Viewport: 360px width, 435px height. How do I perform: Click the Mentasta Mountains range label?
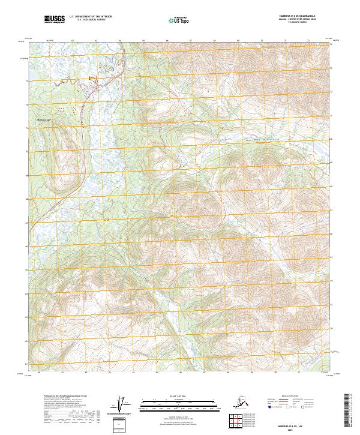point(264,142)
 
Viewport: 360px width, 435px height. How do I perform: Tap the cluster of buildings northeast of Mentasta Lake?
point(91,79)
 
